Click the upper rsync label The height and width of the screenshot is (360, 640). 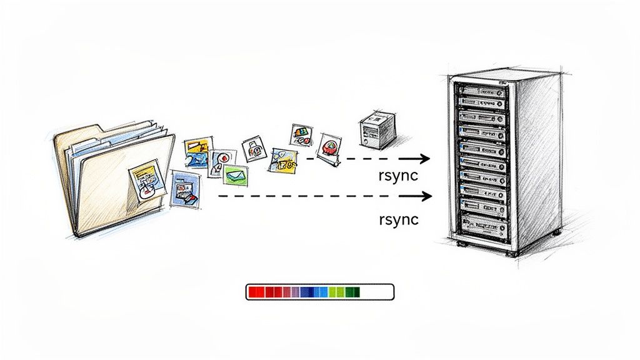[398, 176]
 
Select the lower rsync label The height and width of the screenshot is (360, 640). [398, 219]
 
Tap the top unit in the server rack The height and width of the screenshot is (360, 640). [481, 92]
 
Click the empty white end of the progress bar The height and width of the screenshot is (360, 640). [377, 292]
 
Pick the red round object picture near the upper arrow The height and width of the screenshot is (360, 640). [329, 148]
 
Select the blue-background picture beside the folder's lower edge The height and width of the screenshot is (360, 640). [186, 191]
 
